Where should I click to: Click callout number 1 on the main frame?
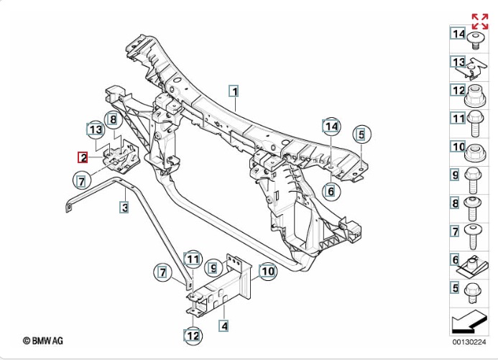234,91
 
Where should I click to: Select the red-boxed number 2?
83,157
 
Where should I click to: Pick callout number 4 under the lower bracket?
225,327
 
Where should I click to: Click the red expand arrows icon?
479,21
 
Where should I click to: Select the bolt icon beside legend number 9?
475,177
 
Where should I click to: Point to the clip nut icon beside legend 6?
475,265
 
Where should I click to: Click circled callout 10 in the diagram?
267,272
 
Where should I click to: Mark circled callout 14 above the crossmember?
330,128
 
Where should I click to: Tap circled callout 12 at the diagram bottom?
192,335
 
